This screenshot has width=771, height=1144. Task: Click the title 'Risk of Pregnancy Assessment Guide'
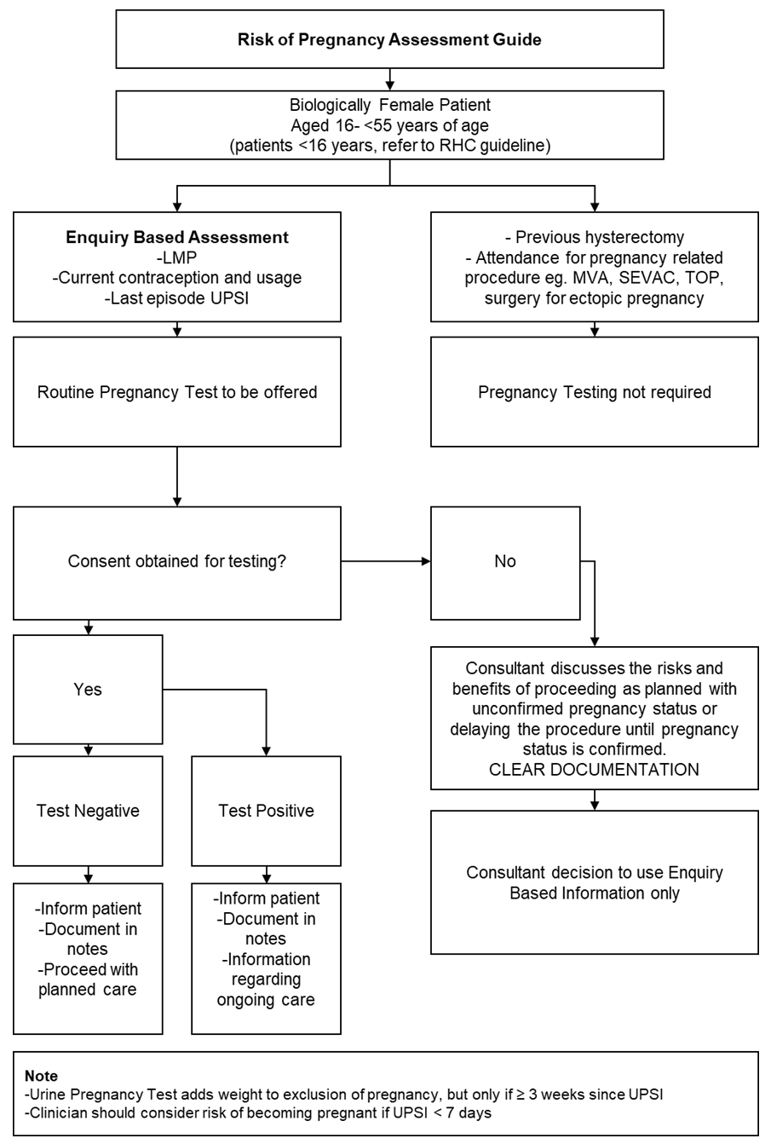coord(388,39)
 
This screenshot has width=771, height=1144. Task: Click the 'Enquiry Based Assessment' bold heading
coord(177,238)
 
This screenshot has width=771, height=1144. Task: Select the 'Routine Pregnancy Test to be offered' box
coord(177,392)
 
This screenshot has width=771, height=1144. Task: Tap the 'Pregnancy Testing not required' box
coord(594,392)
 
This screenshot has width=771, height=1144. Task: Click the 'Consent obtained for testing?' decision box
coord(177,562)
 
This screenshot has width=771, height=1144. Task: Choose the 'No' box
coord(505,562)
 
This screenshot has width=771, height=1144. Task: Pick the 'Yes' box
coord(88,689)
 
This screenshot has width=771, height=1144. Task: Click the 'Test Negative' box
coord(88,811)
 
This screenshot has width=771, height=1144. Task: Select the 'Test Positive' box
coord(266,811)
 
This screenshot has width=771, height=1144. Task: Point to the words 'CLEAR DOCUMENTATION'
coord(594,770)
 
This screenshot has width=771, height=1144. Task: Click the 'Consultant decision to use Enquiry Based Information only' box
coord(594,882)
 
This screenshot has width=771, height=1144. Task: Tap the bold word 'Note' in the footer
coord(41,1077)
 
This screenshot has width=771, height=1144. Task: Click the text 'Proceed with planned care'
coord(88,980)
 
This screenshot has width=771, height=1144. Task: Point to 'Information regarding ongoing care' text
coord(266,979)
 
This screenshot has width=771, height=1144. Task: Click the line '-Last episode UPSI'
coord(177,298)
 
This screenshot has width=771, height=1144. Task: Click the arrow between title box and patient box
coord(389,79)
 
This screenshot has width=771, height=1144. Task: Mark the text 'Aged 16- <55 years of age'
coord(388,124)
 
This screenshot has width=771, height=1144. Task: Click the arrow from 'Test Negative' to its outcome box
coord(88,875)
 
